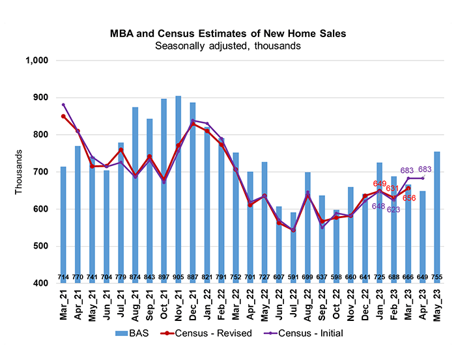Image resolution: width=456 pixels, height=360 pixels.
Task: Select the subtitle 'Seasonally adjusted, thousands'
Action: [228, 46]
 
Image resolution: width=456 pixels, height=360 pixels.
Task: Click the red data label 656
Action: [409, 198]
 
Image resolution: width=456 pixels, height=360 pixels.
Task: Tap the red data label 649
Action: [380, 184]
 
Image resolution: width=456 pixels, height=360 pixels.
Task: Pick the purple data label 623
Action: [393, 210]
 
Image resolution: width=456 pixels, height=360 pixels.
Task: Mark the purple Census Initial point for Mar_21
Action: [63, 104]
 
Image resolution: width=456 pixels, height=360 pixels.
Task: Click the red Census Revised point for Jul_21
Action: [121, 150]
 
